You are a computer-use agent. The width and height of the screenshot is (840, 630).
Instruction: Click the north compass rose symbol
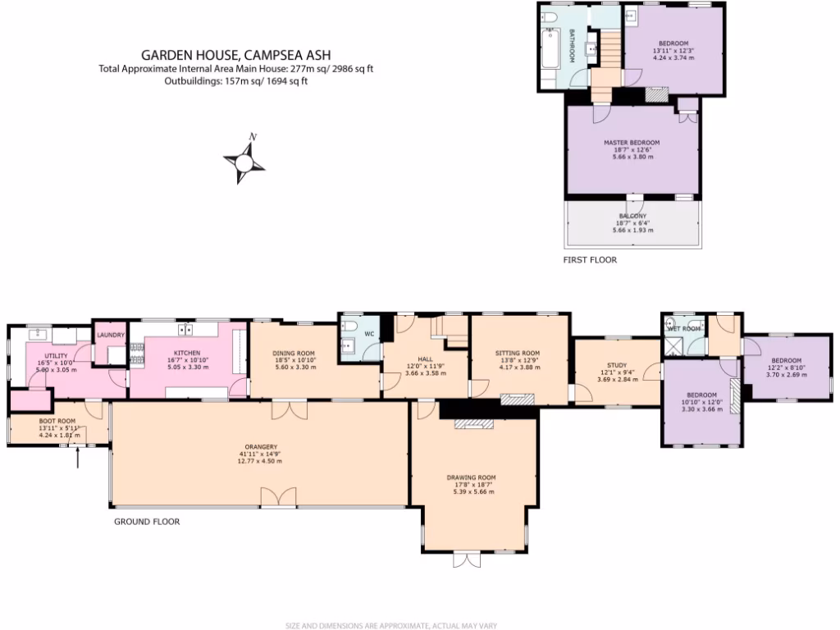[x=244, y=160]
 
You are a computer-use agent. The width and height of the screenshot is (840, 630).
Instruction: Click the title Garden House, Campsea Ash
[x=235, y=55]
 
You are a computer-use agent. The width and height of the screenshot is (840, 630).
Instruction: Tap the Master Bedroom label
[x=632, y=143]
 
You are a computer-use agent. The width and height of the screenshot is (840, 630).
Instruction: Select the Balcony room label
[x=632, y=217]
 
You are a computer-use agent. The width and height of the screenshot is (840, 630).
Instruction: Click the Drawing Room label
[x=471, y=477]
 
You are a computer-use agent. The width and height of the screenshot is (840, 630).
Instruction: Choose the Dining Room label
[x=294, y=354]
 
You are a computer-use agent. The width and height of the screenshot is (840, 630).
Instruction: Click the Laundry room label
[x=110, y=335]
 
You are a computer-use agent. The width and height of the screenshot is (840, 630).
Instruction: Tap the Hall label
[x=424, y=359]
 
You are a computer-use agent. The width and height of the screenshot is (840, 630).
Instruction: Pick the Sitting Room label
[x=518, y=354]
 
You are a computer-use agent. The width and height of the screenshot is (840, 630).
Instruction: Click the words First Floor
[x=589, y=260]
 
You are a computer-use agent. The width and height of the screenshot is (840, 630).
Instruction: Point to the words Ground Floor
[x=146, y=522]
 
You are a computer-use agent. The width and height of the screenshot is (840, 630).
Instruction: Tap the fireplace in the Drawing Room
[x=472, y=423]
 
